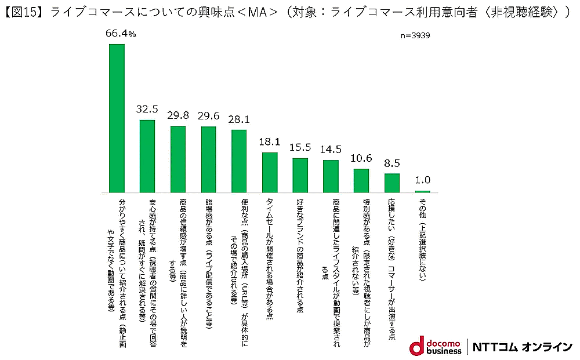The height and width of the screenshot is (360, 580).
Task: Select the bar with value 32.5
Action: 147,156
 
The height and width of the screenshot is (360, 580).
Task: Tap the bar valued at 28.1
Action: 239,161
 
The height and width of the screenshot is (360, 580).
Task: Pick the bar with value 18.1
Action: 270,172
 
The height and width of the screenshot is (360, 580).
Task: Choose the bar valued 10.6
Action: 361,180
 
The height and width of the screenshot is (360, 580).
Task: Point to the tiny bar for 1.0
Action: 422,191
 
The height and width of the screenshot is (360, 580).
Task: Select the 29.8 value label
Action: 178,115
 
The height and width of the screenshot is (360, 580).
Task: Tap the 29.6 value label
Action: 209,115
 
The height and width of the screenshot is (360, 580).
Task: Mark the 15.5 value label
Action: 300,147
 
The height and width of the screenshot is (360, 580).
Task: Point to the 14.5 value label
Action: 331,150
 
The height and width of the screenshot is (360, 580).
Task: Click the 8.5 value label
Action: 392,163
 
